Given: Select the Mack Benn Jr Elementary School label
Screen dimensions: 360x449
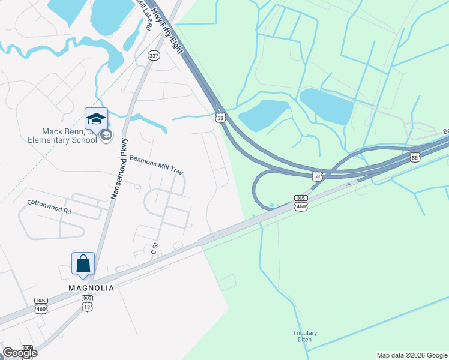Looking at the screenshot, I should click(x=69, y=136).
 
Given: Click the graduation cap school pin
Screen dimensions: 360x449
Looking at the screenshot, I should click(x=96, y=118).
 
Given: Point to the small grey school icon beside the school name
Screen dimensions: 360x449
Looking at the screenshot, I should click(x=106, y=135).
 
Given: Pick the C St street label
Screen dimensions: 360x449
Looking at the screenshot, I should click(x=154, y=248).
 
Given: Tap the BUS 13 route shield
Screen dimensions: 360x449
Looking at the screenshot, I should click(x=87, y=303).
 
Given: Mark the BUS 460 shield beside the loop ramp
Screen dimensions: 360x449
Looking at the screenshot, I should click(x=301, y=203).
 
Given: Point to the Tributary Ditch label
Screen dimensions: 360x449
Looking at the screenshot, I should click(x=305, y=337).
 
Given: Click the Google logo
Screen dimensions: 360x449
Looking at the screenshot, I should click(x=20, y=353).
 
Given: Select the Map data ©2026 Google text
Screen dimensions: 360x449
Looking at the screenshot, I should click(x=411, y=355).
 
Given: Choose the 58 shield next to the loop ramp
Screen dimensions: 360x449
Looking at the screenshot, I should click(x=317, y=176).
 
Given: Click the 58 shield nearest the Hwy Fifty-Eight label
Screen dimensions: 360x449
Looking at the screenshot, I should click(x=221, y=118).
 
